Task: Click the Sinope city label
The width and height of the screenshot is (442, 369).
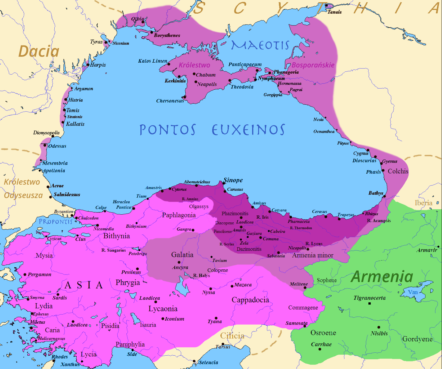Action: click(x=233, y=180)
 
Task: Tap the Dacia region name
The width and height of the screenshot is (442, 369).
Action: click(x=39, y=51)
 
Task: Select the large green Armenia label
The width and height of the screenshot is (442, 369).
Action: click(x=382, y=277)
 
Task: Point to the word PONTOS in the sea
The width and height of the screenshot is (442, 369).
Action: click(x=168, y=130)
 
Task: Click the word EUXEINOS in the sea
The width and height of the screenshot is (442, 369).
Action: click(x=248, y=130)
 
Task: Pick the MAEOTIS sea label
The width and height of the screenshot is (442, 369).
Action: click(x=260, y=45)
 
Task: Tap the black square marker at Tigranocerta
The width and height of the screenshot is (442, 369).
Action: click(x=369, y=303)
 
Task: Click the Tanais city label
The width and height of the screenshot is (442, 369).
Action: click(x=335, y=12)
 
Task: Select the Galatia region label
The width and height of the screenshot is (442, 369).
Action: click(x=182, y=254)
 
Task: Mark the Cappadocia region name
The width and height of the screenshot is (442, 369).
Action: click(x=250, y=300)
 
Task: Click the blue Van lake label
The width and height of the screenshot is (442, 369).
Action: click(x=413, y=292)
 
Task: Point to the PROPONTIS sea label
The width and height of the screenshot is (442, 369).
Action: click(x=56, y=222)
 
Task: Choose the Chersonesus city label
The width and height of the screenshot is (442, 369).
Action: click(x=170, y=101)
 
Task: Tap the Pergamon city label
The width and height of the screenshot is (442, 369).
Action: click(x=39, y=275)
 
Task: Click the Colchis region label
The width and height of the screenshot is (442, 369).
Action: click(x=398, y=171)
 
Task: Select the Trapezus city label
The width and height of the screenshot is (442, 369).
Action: click(x=346, y=215)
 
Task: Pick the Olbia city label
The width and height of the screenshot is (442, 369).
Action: click(x=137, y=19)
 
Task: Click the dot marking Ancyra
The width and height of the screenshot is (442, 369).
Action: click(x=179, y=262)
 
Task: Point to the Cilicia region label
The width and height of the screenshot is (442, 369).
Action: click(x=232, y=336)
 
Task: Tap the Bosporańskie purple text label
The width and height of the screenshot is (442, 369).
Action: click(x=313, y=65)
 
